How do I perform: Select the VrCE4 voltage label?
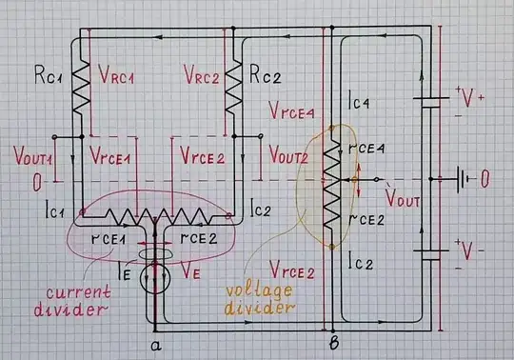click(291, 112)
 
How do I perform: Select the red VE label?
click(191, 271)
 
